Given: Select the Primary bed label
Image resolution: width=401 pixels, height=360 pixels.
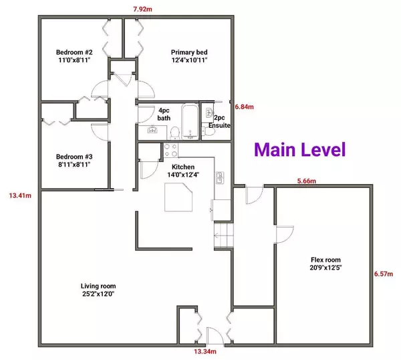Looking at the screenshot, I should click(188, 56).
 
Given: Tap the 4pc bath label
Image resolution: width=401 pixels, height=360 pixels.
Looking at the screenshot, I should click(164, 114).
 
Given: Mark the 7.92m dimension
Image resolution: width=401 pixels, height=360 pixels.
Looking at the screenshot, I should click(144, 9).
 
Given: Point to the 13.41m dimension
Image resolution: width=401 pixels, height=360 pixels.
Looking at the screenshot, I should click(18, 196).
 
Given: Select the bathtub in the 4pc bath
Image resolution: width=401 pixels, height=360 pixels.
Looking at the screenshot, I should click(189, 120).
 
